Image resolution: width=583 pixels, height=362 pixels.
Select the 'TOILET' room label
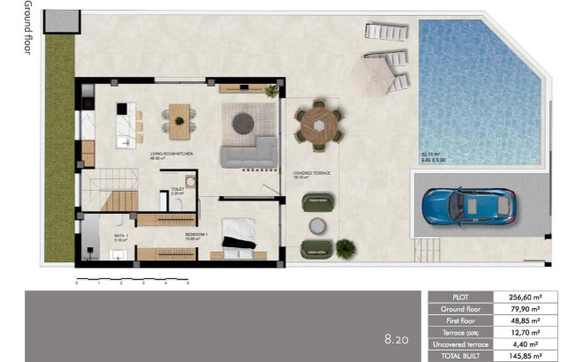[x=177, y=189]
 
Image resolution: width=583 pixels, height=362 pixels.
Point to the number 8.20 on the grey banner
[x=397, y=339]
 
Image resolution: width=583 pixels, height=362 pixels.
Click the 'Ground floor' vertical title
[x=27, y=29]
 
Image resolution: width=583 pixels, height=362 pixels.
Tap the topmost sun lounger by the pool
[x=386, y=32]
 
